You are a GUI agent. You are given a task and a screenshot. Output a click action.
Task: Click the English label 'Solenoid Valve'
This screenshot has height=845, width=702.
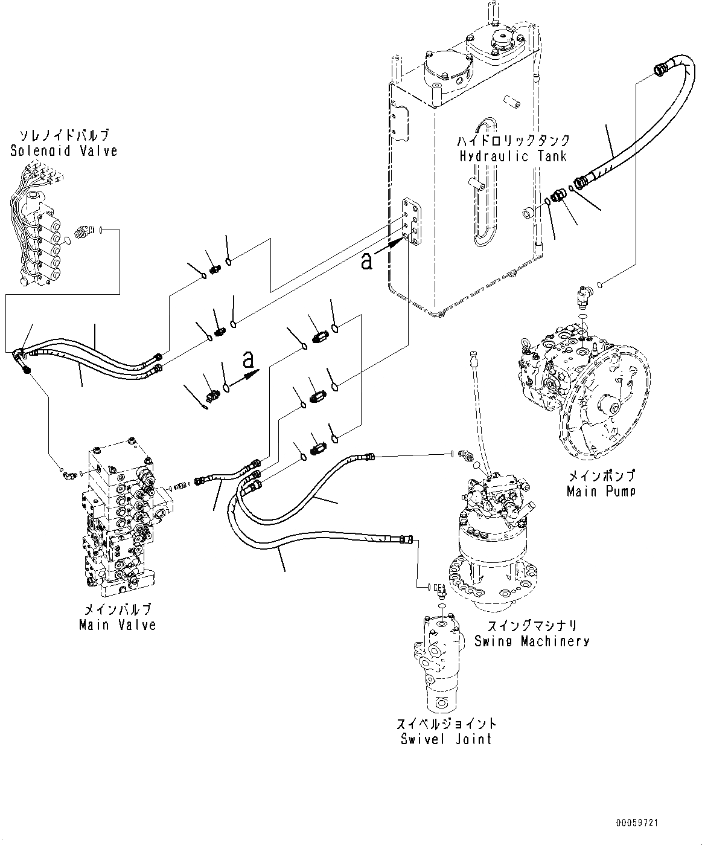click(x=64, y=151)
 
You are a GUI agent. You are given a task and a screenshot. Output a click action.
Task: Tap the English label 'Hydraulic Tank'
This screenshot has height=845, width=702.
click(x=512, y=156)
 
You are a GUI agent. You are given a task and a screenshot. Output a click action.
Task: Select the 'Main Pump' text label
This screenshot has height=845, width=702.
click(x=601, y=491)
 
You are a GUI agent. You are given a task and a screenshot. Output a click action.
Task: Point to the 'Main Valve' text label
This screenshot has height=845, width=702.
click(x=118, y=625)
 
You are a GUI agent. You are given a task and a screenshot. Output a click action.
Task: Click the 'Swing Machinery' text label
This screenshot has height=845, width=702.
click(x=532, y=641)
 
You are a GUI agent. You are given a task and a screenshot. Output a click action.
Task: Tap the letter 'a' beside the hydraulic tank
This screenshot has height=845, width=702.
click(x=366, y=261)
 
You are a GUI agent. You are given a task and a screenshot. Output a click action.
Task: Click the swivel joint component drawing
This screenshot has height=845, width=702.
click(x=438, y=664)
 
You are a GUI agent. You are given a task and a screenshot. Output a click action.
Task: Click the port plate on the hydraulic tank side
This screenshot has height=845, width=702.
click(x=412, y=222)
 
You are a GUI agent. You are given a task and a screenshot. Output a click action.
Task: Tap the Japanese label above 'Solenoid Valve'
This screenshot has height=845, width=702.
click(x=65, y=135)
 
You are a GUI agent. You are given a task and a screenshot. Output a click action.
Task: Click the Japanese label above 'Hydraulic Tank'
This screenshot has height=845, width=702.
click(x=513, y=140)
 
